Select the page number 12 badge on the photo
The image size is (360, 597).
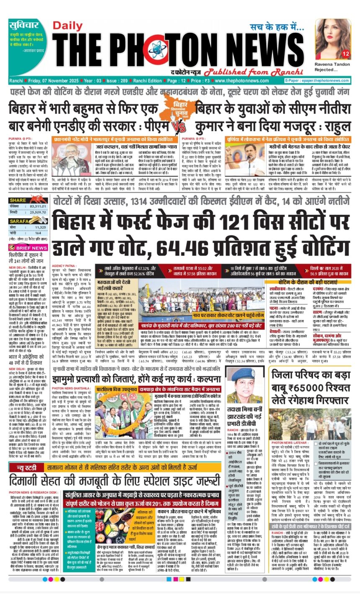(x=345, y=54)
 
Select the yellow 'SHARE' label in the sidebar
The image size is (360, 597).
(x=18, y=200)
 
